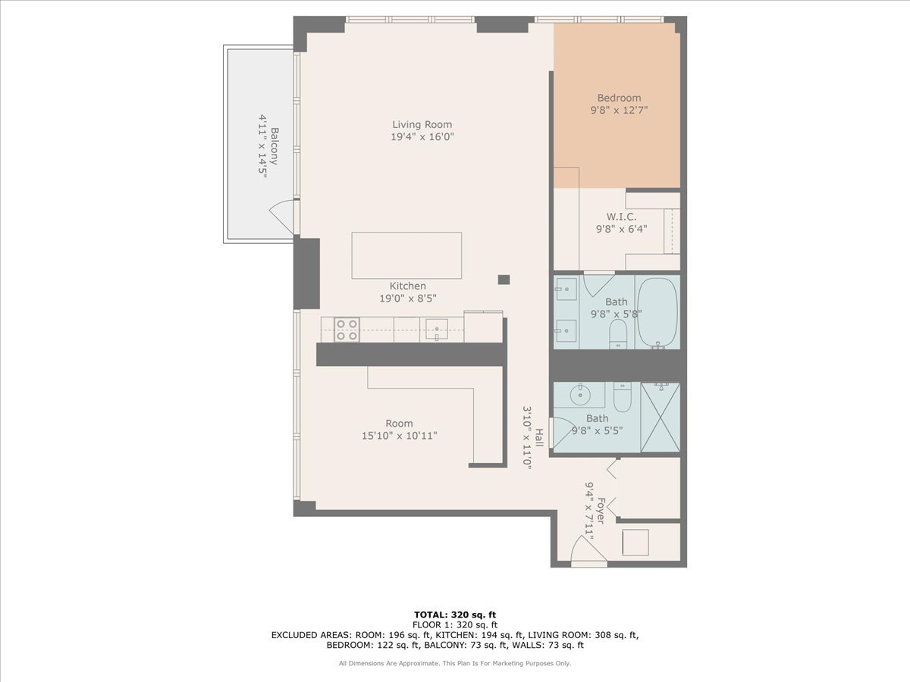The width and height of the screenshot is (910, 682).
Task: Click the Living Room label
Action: (x=422, y=124)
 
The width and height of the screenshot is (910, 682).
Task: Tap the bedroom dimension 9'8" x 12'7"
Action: (x=619, y=110)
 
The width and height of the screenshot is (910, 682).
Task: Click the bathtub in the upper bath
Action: (x=657, y=312)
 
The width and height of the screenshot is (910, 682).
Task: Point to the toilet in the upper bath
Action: (x=619, y=334)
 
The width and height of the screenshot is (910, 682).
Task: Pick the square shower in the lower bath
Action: (x=660, y=418)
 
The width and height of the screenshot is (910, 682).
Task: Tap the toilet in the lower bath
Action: (x=622, y=396)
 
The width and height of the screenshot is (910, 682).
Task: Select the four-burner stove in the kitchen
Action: (x=347, y=330)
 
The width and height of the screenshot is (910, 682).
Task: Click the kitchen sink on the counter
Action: (x=436, y=329)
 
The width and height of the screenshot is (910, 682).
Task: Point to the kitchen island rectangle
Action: (x=406, y=255)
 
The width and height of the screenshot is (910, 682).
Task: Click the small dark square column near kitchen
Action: (x=504, y=279)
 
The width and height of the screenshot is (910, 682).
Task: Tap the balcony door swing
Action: (x=281, y=217)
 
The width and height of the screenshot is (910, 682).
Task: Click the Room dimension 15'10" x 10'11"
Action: (x=399, y=436)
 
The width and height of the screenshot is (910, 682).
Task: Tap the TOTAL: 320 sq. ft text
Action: (x=455, y=615)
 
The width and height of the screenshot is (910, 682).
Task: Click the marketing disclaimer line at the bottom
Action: (x=455, y=663)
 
